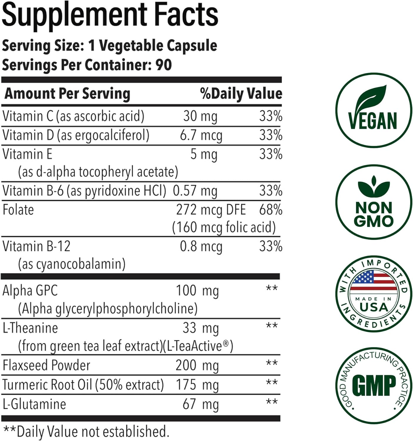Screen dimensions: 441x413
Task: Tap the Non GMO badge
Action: click(x=374, y=203)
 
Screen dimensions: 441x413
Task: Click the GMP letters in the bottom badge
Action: click(x=374, y=386)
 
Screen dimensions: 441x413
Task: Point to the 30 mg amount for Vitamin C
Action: click(x=200, y=116)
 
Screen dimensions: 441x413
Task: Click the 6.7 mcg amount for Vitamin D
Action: click(x=201, y=136)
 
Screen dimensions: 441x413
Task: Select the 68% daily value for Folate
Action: click(x=271, y=210)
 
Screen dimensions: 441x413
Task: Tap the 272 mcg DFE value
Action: click(x=211, y=210)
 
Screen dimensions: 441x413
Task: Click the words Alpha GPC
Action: click(x=30, y=291)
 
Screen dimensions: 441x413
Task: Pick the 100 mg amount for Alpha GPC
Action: click(x=197, y=291)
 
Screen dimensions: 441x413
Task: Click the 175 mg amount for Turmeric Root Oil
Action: click(x=197, y=385)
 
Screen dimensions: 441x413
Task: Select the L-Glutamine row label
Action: click(x=34, y=404)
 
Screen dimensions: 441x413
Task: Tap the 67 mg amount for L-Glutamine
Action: click(x=200, y=404)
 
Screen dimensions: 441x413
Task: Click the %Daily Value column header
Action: click(x=241, y=93)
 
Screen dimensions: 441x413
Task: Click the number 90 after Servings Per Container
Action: click(x=164, y=65)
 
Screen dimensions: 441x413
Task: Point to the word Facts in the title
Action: click(x=186, y=15)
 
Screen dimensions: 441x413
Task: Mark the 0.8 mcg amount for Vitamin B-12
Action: click(x=201, y=246)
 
